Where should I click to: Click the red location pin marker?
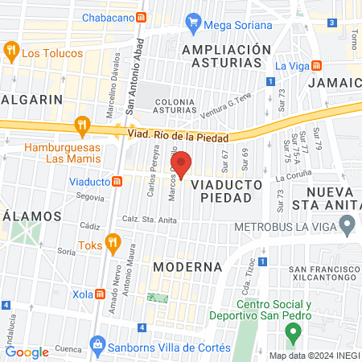coord(182,164)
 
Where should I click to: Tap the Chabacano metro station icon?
coord(142,17)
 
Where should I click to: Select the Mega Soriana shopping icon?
coord(192,22)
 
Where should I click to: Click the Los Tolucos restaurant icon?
coord(11,52)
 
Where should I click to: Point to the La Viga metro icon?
coord(318,65)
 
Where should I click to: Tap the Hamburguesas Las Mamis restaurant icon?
coord(80,125)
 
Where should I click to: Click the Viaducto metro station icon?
coord(118,181)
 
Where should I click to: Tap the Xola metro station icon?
coord(100,294)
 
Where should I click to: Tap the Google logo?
coord(27,352)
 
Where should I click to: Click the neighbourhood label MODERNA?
coord(187,266)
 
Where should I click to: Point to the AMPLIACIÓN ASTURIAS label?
coord(227,56)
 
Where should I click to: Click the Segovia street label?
coord(91,197)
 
